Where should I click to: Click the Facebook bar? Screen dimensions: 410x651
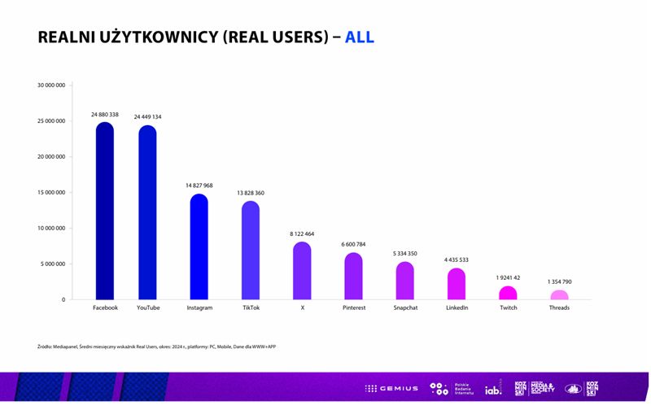pos(105,212)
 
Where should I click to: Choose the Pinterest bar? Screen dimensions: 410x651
pos(353,277)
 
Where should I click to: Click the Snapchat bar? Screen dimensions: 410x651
pos(405,281)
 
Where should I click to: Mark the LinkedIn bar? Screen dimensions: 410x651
pos(457,284)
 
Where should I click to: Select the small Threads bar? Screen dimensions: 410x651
pos(559,295)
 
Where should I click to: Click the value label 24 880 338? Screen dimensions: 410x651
pos(105,116)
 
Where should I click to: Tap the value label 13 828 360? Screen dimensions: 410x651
pos(251,193)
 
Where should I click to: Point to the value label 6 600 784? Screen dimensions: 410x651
pos(353,244)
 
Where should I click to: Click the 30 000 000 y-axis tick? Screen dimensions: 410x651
pos(51,85)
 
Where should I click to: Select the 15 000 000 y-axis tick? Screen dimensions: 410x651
pos(51,193)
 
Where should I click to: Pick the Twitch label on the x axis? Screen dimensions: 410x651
pos(508,308)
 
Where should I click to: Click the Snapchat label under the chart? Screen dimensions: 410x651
pos(405,308)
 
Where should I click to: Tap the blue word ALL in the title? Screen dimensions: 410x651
pos(360,37)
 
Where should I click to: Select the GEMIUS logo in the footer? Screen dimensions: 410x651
pos(391,389)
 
